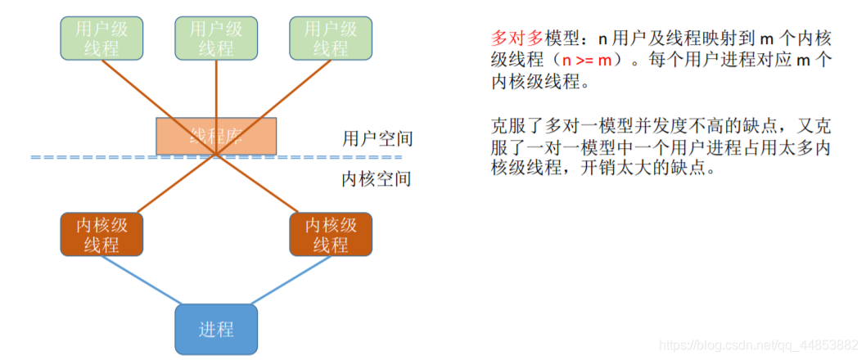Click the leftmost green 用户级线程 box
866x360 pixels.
coord(101,38)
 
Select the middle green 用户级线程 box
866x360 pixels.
coord(216,38)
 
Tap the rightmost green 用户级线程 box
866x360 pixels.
coord(331,38)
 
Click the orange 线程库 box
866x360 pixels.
coord(216,136)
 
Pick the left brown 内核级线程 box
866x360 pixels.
coord(101,234)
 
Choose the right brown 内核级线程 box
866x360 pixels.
coord(331,234)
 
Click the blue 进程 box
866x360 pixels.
coord(216,329)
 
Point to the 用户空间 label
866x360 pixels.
coord(376,138)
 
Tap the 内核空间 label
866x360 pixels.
coord(376,178)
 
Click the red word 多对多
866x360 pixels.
coord(516,38)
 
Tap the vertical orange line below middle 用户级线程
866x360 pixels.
coord(216,90)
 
